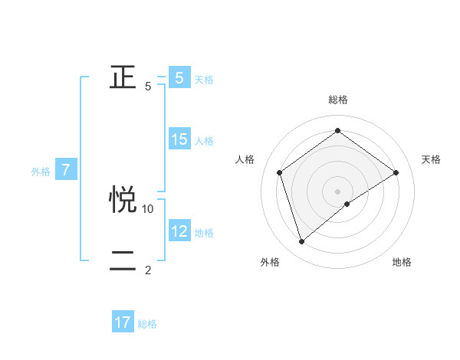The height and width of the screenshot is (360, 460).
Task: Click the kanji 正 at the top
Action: (123, 77)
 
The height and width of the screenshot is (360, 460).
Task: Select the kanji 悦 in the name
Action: (123, 200)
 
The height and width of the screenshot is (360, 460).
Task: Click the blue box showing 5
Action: (179, 78)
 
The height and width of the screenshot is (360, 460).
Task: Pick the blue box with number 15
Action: (179, 139)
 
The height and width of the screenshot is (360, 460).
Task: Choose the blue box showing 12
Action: (179, 231)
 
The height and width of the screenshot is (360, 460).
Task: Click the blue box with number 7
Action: (67, 171)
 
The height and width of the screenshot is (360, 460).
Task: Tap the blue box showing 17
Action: (123, 322)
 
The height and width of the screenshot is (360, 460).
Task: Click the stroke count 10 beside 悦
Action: (148, 208)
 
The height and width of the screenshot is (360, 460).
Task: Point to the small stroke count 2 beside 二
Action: (148, 270)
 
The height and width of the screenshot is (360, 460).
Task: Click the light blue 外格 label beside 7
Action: (41, 172)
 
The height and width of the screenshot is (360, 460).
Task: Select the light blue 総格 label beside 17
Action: (147, 324)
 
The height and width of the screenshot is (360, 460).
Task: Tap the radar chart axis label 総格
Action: (337, 100)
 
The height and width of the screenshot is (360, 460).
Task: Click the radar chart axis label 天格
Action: (431, 159)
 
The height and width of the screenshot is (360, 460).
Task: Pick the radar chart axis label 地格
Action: (402, 262)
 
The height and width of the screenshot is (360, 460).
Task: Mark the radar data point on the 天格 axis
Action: (396, 172)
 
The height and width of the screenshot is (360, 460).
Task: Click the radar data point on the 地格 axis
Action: (347, 204)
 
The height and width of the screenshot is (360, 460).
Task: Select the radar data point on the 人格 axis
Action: (280, 172)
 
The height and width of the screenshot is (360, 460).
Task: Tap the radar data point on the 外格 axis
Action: (301, 242)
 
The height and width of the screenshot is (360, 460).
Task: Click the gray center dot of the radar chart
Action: (337, 191)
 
